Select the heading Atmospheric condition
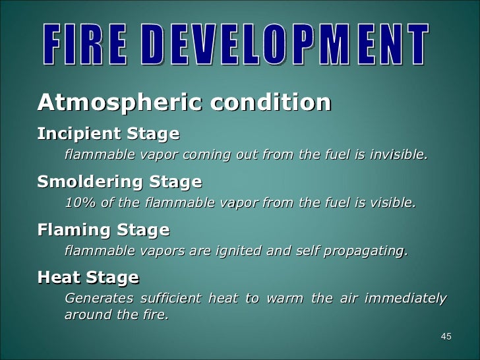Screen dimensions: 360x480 pyautogui.click(x=184, y=103)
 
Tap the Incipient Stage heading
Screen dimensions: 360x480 pyautogui.click(x=108, y=134)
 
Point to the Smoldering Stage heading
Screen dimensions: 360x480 pyautogui.click(x=119, y=181)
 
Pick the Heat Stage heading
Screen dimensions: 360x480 pyautogui.click(x=88, y=277)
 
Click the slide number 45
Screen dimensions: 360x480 pyautogui.click(x=446, y=338)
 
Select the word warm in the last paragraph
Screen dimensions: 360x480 pyautogui.click(x=284, y=298)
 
